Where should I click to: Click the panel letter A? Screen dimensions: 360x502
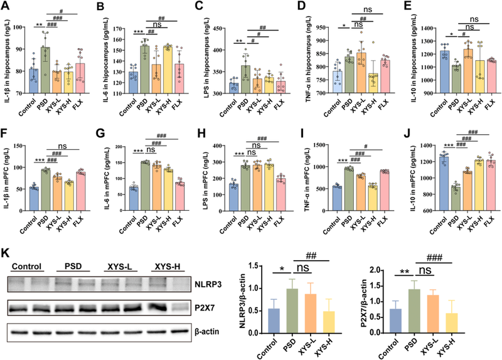tap(7, 7)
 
